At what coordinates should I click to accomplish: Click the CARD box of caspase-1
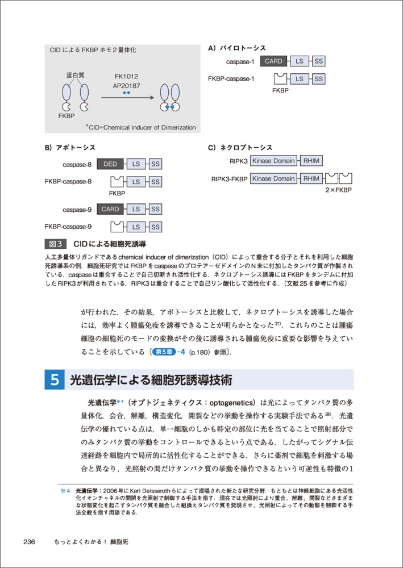point(273,61)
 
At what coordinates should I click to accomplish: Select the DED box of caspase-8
point(110,164)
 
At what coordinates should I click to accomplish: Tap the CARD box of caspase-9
point(110,209)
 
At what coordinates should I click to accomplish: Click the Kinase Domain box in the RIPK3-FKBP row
point(273,179)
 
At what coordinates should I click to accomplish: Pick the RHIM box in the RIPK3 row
point(311,161)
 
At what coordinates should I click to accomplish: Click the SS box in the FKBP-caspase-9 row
point(155,227)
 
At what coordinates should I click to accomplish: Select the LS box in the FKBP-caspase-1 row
point(299,79)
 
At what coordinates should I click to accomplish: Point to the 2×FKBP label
point(338,191)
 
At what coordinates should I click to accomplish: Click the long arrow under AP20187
point(127,98)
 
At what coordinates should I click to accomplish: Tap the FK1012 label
point(126,76)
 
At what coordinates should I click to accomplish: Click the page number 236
point(30,542)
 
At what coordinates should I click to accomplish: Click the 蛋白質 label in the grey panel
point(75,75)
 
